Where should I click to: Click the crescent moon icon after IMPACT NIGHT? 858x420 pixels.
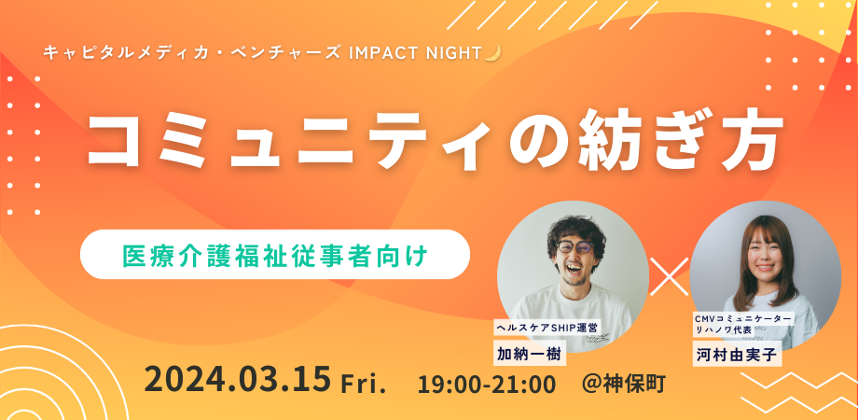[x=492, y=53]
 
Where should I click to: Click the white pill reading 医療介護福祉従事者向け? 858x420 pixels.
[x=275, y=255]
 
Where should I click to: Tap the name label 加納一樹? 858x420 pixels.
[x=529, y=353]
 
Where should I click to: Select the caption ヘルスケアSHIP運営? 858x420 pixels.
[x=547, y=328]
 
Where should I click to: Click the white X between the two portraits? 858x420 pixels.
[x=670, y=276]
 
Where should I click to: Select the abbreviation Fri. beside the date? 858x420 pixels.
[x=364, y=383]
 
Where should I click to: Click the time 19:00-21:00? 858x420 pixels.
[x=487, y=384]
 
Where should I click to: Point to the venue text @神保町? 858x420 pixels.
[x=624, y=384]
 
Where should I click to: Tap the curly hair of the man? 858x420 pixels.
[x=574, y=227]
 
